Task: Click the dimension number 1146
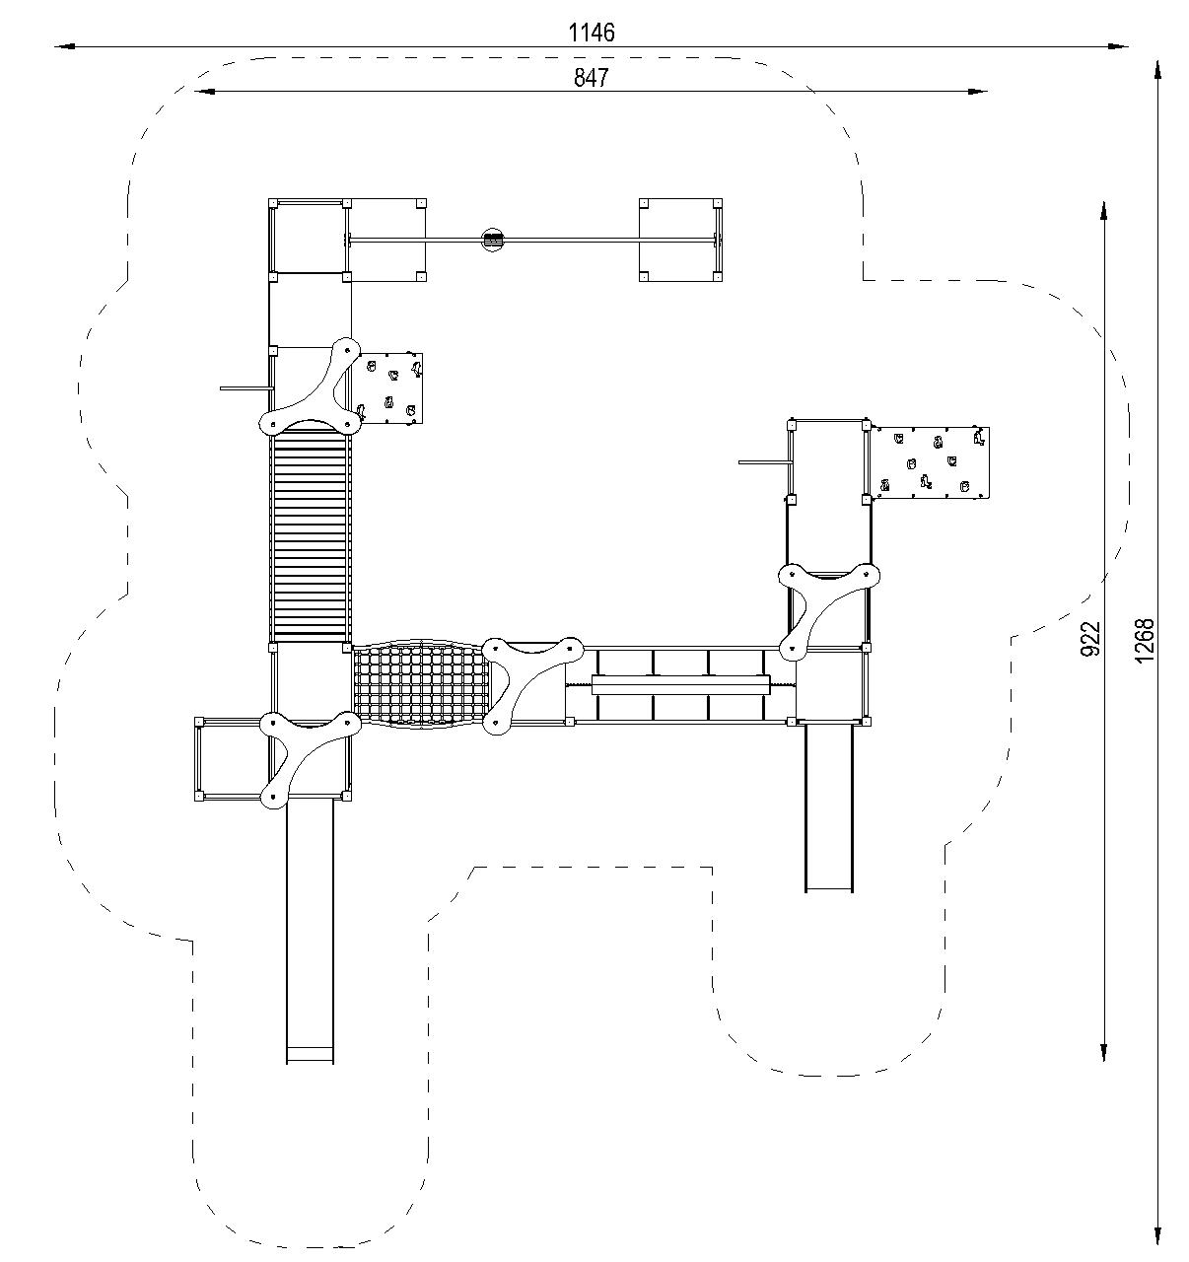point(592,33)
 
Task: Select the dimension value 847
point(591,78)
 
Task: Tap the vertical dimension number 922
point(1090,639)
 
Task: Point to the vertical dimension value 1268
point(1144,641)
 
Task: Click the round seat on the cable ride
point(493,241)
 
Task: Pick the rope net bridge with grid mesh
point(421,683)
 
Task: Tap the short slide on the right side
point(829,808)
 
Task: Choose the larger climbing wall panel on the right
point(931,462)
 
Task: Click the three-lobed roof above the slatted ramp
point(311,386)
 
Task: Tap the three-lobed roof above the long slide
point(311,759)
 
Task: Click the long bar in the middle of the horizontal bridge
point(680,685)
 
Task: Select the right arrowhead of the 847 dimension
point(977,92)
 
